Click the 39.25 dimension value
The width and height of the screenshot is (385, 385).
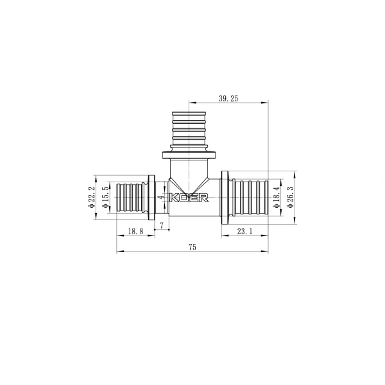point(229,99)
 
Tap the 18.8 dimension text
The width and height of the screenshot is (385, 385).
point(135,232)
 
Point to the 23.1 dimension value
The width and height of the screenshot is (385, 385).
point(245,232)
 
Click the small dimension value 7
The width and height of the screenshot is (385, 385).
point(162,225)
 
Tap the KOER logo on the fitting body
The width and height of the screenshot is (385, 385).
point(191,199)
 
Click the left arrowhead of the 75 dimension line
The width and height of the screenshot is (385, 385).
point(119,252)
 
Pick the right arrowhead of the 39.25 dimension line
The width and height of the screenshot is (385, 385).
point(266,103)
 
